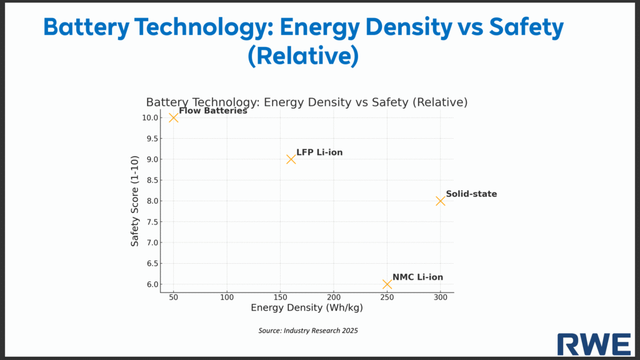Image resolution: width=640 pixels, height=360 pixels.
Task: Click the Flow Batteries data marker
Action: [173, 117]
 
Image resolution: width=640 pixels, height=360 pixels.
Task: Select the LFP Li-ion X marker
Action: [291, 159]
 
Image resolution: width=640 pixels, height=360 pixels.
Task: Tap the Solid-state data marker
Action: [440, 201]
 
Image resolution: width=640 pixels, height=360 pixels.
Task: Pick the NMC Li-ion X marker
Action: [387, 284]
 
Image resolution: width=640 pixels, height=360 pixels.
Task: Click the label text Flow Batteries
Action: [213, 111]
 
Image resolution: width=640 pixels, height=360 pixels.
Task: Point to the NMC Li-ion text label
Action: [418, 277]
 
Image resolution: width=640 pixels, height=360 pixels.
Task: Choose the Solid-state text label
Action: [471, 194]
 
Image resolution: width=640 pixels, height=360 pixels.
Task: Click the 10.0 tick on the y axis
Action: [150, 117]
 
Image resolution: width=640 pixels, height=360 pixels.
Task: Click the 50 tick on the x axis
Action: [173, 297]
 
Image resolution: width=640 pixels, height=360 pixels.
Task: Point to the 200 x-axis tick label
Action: [334, 297]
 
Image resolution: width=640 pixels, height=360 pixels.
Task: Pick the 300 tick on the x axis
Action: [440, 297]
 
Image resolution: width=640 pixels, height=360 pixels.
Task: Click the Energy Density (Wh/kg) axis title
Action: [307, 308]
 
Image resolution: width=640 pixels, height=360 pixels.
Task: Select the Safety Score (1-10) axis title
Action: [135, 201]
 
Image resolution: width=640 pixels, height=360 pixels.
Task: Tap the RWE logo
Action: [594, 344]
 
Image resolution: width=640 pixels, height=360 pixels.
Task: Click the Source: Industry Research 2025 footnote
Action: [308, 330]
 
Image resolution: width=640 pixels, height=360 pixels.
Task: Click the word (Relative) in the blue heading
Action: [303, 56]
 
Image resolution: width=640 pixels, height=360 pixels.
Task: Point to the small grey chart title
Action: [307, 102]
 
